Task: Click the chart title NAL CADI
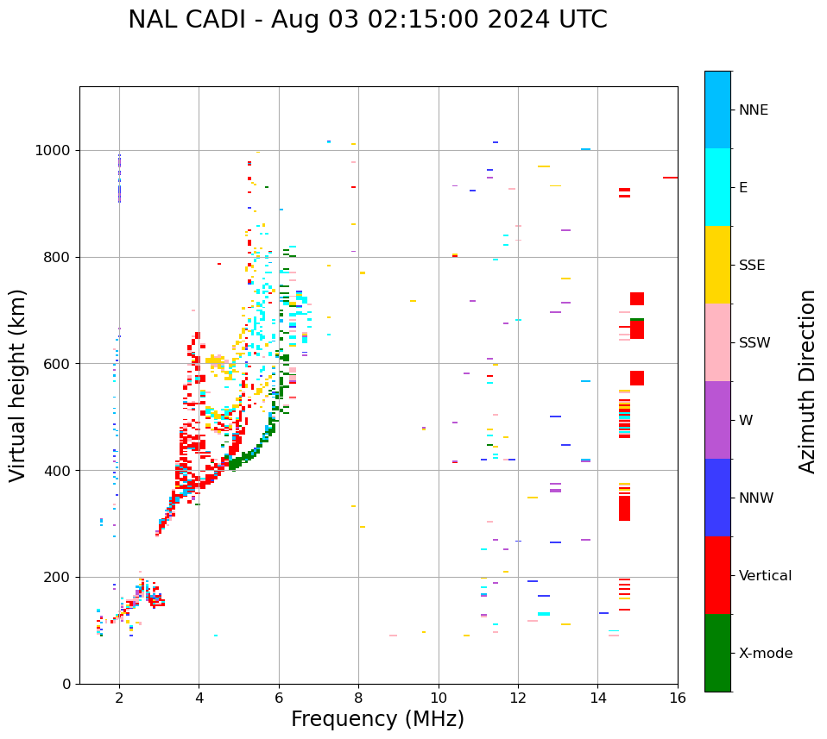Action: tap(367, 20)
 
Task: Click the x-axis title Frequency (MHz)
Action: tap(377, 719)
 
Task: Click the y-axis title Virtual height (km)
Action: tap(18, 385)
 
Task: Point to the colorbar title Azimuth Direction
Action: tap(807, 381)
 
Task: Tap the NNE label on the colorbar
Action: tap(753, 110)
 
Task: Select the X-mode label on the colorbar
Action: tap(765, 654)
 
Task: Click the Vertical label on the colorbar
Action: tap(765, 576)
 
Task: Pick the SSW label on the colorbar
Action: tap(754, 343)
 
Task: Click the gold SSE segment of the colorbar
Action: tap(717, 265)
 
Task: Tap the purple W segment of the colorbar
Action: tap(717, 420)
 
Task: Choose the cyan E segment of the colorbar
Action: tap(717, 187)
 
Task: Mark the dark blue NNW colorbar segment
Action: tap(717, 498)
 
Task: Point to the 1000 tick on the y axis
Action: tap(57, 150)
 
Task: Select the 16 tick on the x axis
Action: tap(678, 697)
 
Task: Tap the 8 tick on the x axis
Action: tap(358, 697)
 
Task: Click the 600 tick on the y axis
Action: tap(60, 364)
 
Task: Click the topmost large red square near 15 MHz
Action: tap(637, 298)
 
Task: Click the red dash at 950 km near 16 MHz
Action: tap(670, 178)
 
